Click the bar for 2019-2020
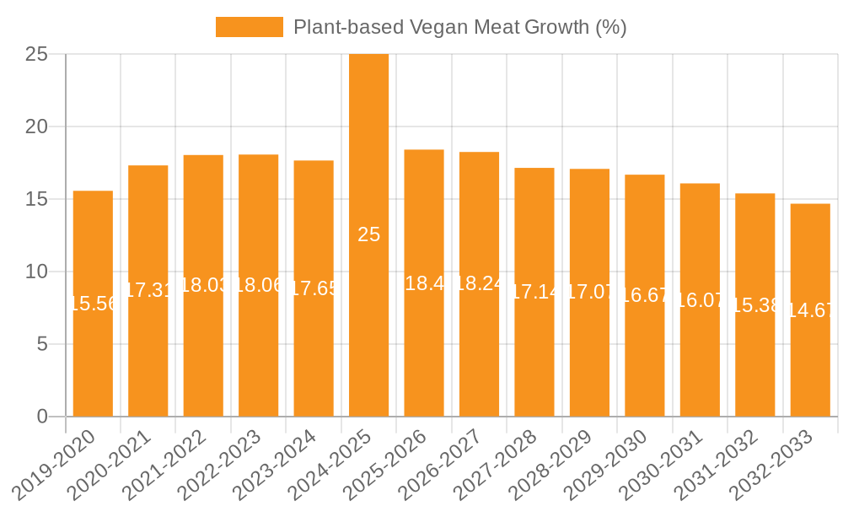93,304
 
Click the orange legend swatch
249,27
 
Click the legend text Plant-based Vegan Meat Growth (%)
459,27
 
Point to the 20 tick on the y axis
37,126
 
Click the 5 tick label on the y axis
43,344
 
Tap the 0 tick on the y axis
43,417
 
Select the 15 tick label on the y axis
37,199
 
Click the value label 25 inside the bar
368,235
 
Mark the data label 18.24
479,284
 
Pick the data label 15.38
755,305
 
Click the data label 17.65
314,288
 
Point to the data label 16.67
645,295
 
